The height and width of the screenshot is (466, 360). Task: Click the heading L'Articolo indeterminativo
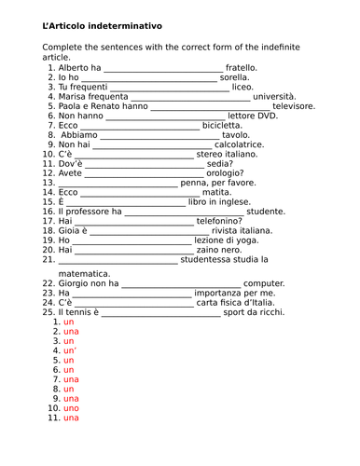click(102, 25)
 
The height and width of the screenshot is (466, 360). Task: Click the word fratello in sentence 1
click(241, 67)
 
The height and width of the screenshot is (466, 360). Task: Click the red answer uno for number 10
click(72, 408)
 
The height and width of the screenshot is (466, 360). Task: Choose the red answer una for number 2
click(72, 331)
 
